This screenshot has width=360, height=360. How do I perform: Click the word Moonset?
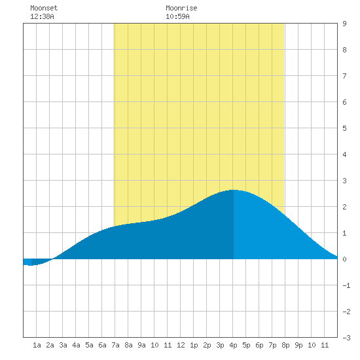pos(44,8)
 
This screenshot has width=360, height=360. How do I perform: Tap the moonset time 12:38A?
pos(42,16)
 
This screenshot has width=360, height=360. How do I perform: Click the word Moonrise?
pos(181,8)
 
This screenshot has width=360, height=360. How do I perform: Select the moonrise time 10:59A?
pos(177,16)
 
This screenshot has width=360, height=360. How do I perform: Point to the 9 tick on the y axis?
pos(344,24)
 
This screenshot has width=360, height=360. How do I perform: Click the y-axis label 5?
pos(344,128)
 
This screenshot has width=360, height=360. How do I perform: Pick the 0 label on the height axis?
pos(344,259)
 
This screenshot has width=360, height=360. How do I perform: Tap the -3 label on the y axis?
pos(346,338)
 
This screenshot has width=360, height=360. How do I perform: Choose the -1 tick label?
pos(346,285)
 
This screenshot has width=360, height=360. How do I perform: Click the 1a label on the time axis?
pos(37,345)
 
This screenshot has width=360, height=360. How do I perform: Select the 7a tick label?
pos(115,345)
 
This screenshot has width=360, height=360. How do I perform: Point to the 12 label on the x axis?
pos(181,345)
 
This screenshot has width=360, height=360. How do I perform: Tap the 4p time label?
pos(233,345)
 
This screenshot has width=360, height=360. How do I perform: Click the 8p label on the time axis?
pos(285,345)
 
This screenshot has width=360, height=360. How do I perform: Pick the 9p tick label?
pos(298,345)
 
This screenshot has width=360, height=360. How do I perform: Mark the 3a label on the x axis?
pos(63,345)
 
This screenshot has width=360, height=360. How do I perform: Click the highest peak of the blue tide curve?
pos(234,190)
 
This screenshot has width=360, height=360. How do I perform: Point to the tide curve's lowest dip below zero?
pos(30,265)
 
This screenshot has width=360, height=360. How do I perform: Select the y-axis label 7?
pos(344,76)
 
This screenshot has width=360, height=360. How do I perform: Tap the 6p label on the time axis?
pos(259,345)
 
